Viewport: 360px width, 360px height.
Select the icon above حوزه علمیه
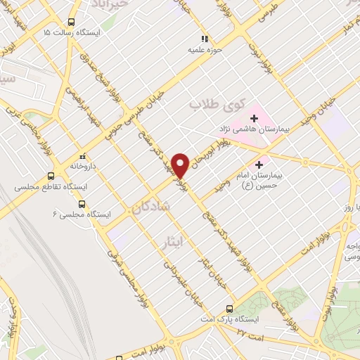[x=204, y=39]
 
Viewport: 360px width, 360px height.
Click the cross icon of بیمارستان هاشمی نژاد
[x=254, y=117]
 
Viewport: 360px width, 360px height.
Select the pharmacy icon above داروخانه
[x=82, y=155]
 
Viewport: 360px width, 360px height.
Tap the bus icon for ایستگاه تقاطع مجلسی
[x=51, y=176]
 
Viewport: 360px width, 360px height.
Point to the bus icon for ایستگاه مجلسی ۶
[x=82, y=204]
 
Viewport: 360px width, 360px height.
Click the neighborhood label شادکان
[x=150, y=206]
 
